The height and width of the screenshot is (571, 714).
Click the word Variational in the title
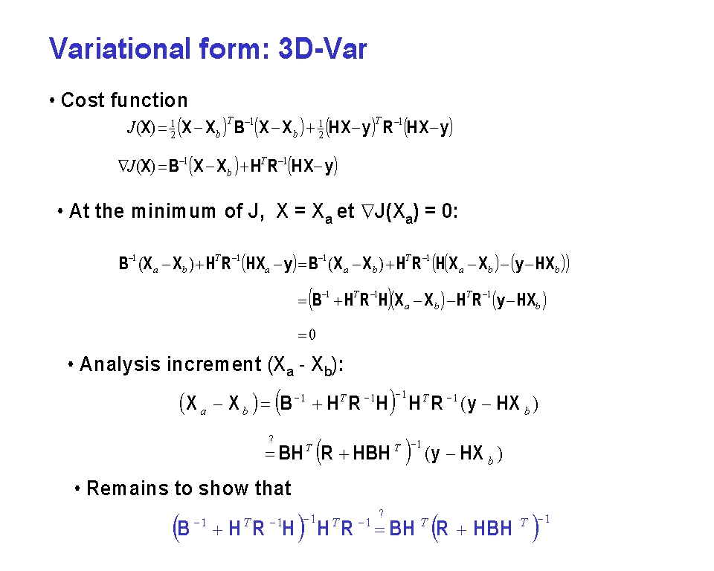(x=120, y=48)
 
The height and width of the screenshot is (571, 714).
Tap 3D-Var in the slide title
(x=322, y=48)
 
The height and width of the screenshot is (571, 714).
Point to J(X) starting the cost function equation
(x=141, y=128)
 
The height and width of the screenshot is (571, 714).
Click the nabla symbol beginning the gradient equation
(x=123, y=166)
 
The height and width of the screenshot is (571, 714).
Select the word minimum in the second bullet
(x=173, y=211)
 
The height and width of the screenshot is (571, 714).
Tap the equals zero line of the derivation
(x=306, y=335)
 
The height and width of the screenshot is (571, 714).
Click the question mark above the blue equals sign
(x=381, y=514)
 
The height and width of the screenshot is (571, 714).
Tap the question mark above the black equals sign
(x=271, y=439)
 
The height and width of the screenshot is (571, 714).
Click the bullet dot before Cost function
(x=52, y=100)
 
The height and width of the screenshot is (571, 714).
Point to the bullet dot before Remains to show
(x=77, y=488)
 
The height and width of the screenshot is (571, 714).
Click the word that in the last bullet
(x=273, y=488)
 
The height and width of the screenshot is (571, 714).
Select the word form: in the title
(x=234, y=48)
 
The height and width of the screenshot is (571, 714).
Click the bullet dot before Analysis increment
(x=71, y=365)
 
